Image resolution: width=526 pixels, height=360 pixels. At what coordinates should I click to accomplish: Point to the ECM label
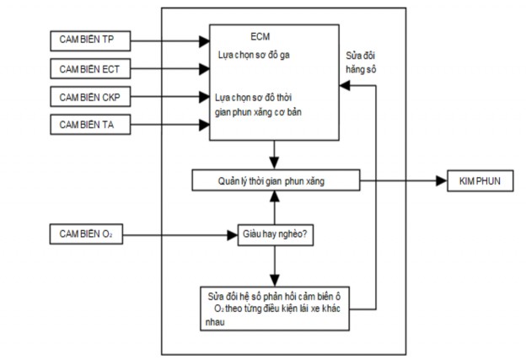coord(260,37)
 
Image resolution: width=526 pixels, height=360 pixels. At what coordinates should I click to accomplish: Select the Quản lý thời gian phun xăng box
coord(276,180)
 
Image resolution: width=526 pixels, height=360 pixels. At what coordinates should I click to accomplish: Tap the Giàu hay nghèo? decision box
coord(275,234)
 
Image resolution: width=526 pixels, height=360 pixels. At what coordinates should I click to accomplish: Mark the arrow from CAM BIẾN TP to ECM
coord(169,39)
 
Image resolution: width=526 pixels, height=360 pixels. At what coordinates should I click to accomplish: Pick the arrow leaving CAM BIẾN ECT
coord(169,67)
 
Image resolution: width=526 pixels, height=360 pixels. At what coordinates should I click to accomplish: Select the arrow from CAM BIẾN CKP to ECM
coord(169,96)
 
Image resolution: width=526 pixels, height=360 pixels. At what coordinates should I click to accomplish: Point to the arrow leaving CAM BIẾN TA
coord(169,126)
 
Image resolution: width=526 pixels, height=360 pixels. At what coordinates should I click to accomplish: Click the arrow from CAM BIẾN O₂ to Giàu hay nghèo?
coord(181,234)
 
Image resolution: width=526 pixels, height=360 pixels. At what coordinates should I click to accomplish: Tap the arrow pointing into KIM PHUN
coord(401,180)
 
